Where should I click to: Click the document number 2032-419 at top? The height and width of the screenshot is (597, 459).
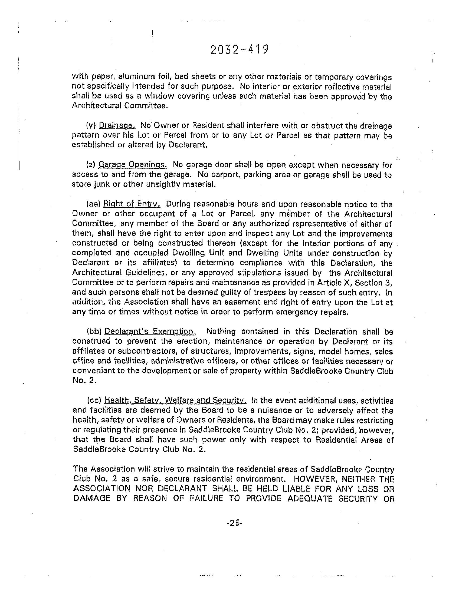point(240,50)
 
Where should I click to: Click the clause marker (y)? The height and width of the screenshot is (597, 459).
point(90,125)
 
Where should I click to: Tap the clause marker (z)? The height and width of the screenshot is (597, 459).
point(90,165)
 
